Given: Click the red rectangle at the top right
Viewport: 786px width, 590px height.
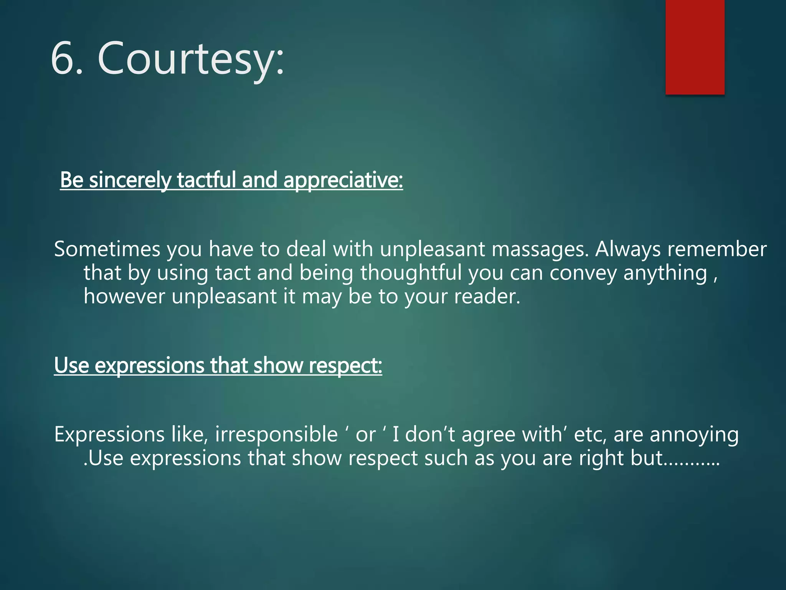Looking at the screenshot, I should [x=695, y=47].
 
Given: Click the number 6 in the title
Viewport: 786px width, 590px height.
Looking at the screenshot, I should [x=62, y=58].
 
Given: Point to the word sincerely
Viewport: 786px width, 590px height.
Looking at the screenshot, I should [x=130, y=180].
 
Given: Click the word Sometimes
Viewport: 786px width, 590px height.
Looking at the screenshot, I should [x=107, y=249].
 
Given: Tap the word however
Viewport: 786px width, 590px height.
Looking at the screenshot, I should [x=124, y=297].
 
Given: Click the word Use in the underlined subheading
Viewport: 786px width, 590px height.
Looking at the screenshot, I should [x=71, y=365].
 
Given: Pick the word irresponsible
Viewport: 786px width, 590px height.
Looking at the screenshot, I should [x=276, y=434].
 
